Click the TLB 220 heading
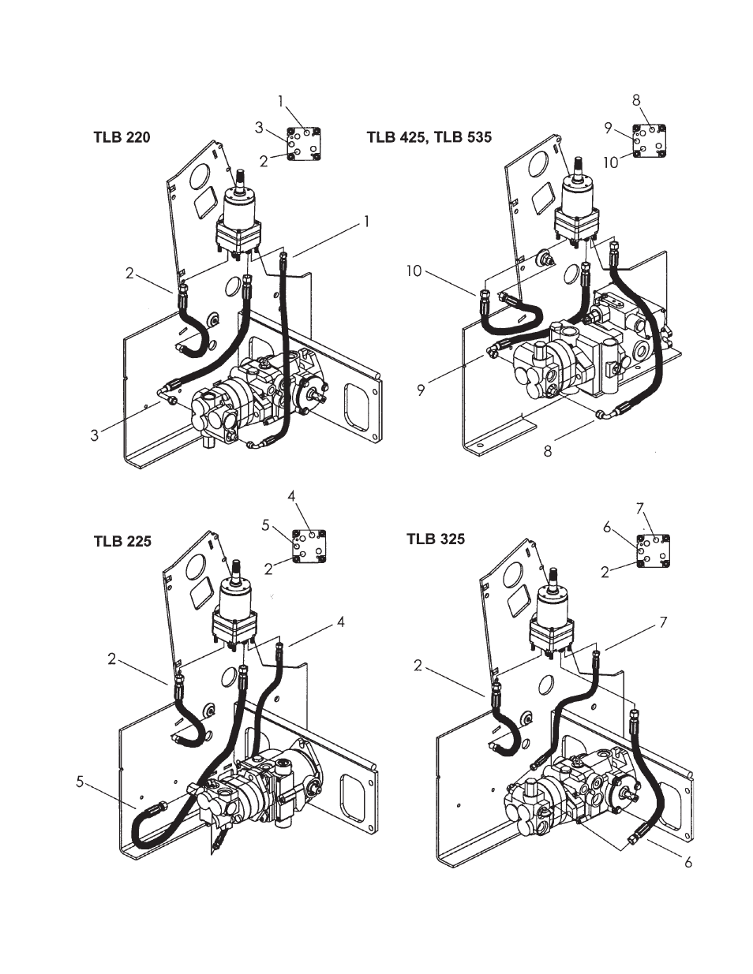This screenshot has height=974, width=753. point(122,136)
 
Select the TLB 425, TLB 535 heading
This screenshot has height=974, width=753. point(429,136)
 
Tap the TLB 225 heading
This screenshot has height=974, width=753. point(122,541)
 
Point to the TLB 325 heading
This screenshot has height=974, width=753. point(436,539)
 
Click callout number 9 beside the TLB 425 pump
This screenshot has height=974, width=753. point(421,390)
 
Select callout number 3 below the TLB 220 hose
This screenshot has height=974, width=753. point(94,435)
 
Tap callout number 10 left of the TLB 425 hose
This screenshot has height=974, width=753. point(414,271)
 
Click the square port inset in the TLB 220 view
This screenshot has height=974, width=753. point(304,144)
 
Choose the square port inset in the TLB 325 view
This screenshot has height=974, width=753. point(654,551)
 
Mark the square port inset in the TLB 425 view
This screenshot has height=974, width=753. point(650,140)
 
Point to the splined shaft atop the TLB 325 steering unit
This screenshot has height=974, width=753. point(554,579)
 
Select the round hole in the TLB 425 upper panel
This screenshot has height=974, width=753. point(538,165)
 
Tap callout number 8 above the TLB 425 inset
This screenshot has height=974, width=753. point(636,100)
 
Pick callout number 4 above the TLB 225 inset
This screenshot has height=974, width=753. point(292,496)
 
